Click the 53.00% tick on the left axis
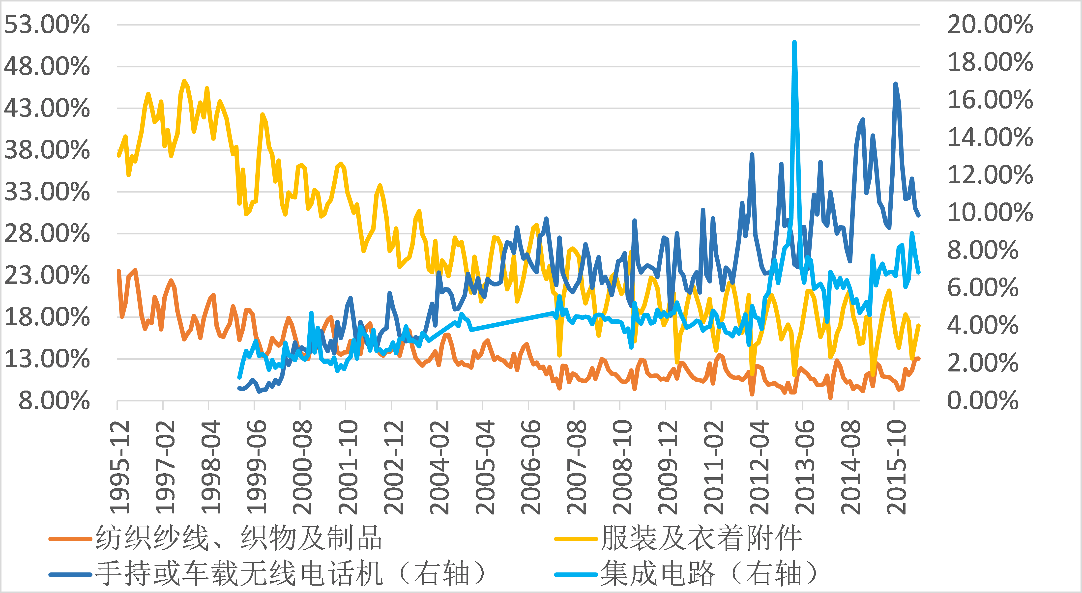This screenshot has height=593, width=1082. click(x=47, y=24)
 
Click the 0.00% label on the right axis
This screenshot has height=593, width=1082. click(x=982, y=401)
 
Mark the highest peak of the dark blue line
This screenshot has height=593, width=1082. click(x=896, y=84)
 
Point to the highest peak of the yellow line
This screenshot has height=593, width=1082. click(x=184, y=81)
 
